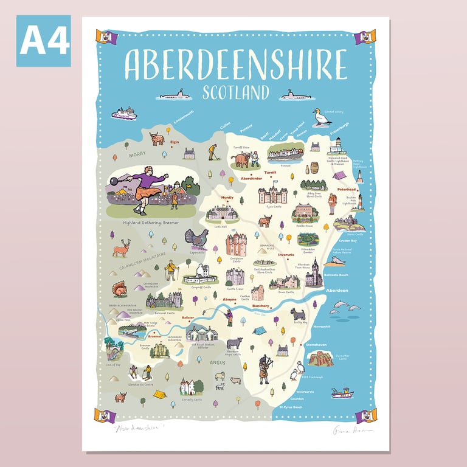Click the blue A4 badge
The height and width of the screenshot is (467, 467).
[x=43, y=41]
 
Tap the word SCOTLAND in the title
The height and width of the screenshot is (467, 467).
[x=236, y=92]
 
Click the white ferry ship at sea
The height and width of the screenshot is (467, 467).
[x=125, y=114]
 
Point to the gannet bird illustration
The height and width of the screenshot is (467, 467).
[x=320, y=117]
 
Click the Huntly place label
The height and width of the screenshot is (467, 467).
[x=227, y=198]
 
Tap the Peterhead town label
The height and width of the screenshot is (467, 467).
[x=347, y=189]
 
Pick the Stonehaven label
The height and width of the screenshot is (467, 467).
[x=325, y=345]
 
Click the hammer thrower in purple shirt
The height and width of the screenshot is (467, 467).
[x=145, y=186]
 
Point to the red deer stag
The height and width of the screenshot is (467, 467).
[x=122, y=247]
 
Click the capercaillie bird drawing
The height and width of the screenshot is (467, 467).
[x=196, y=238]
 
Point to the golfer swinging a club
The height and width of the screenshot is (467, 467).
[x=212, y=151]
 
